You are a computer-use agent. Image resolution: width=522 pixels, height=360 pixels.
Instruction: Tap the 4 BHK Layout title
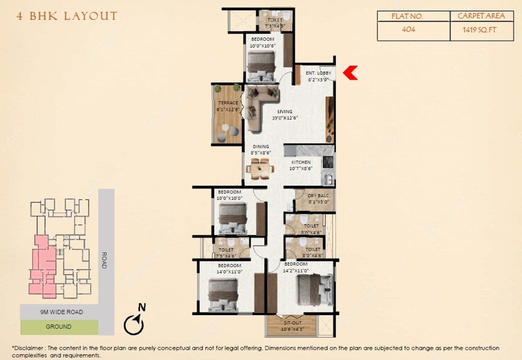pos(67,16)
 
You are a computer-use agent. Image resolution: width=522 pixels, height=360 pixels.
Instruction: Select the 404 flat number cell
pos(409,30)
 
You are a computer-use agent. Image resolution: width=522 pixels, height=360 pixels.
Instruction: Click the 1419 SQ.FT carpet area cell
pos(480,30)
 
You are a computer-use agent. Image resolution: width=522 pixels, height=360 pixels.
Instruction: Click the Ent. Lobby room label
pos(318,74)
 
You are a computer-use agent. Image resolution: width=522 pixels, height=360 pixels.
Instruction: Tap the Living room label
pos(285,112)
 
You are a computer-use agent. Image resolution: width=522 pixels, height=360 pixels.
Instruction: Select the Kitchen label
pos(301,162)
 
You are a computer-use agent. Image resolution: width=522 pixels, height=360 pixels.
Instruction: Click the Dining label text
pos(261,147)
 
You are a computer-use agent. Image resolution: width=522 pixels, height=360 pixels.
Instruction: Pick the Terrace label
pos(228,103)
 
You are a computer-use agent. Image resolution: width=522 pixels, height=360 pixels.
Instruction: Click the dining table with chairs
pos(259,170)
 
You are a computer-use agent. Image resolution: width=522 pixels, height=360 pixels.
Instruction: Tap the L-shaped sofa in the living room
pos(259,104)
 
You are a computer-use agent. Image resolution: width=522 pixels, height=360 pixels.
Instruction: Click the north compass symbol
pos(135,323)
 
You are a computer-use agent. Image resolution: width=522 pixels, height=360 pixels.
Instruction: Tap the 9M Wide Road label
pos(62,312)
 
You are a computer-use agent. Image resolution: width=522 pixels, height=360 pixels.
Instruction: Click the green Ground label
pos(58,327)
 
